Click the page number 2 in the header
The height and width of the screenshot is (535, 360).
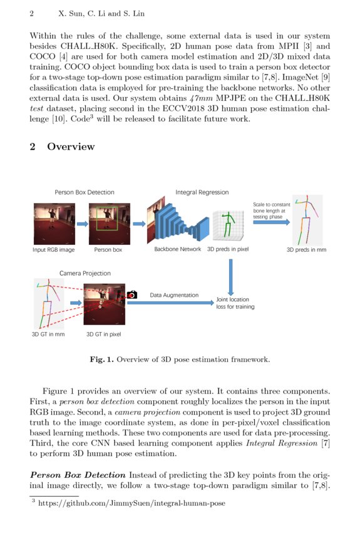coord(31,13)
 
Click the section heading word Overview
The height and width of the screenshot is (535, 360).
coord(71,147)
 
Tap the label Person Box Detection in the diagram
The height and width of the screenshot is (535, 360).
coord(85,192)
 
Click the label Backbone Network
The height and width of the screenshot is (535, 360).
coord(177,249)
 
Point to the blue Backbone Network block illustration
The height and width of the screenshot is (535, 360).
coord(177,222)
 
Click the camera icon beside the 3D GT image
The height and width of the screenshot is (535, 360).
coord(131,294)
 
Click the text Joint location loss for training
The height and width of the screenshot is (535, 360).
coord(235,303)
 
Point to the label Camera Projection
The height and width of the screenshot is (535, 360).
coord(85,273)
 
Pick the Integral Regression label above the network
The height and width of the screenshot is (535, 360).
coord(202,192)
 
